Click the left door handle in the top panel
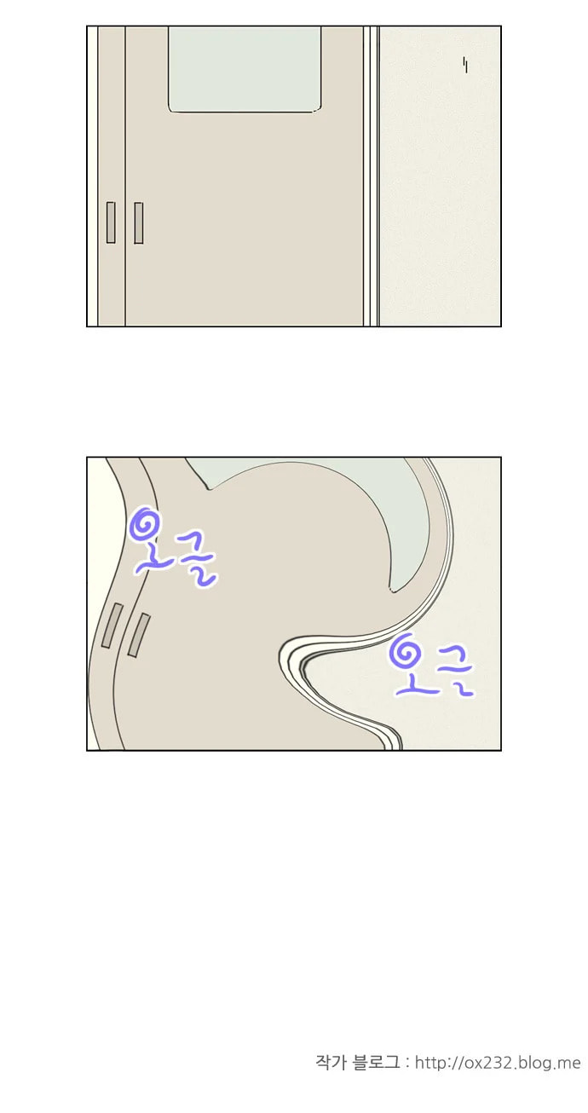coord(110,222)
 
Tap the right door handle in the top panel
coord(139,222)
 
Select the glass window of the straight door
coord(245,69)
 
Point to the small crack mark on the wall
coord(465,65)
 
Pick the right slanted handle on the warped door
coord(139,635)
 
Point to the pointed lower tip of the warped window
coord(392,591)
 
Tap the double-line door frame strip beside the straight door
coord(371,176)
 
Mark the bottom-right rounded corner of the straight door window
coord(317,108)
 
